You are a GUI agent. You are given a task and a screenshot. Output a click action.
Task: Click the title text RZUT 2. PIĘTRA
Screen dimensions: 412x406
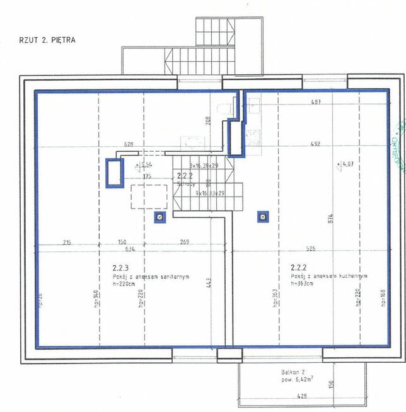(x=47, y=40)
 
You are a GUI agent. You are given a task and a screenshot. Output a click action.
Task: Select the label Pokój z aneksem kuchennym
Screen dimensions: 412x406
(x=329, y=277)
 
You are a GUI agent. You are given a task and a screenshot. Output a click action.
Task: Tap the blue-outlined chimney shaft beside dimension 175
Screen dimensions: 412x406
(x=115, y=172)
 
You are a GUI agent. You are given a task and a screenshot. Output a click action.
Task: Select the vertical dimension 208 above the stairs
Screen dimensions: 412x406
(x=208, y=122)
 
